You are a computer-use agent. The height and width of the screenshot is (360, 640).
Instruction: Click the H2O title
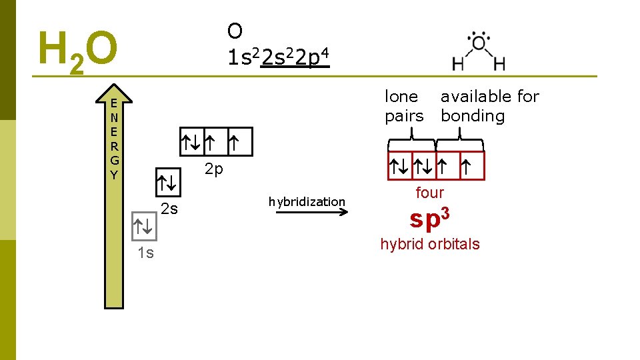pyautogui.click(x=78, y=51)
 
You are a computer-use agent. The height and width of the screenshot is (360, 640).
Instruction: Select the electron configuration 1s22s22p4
pyautogui.click(x=276, y=59)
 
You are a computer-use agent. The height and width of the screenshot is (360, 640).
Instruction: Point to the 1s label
pyautogui.click(x=145, y=252)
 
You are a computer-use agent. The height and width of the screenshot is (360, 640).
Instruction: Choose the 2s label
pyautogui.click(x=170, y=209)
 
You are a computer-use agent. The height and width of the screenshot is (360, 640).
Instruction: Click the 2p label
pyautogui.click(x=214, y=169)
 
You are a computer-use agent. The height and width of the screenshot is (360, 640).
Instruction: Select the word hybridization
pyautogui.click(x=307, y=201)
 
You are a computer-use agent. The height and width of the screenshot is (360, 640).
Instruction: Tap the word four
pyautogui.click(x=429, y=193)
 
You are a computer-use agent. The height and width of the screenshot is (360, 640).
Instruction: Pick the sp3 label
pyautogui.click(x=429, y=218)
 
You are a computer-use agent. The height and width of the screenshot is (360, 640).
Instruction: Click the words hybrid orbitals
pyautogui.click(x=429, y=244)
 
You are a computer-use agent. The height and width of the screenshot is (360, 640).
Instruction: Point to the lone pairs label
pyautogui.click(x=404, y=106)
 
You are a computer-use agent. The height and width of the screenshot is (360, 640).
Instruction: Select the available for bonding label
pyautogui.click(x=490, y=106)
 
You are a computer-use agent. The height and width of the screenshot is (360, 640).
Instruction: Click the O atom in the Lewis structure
pyautogui.click(x=479, y=44)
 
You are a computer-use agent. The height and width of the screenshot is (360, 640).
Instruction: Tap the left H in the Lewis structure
pyautogui.click(x=459, y=64)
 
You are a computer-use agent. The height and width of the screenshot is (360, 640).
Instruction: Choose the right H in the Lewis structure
pyautogui.click(x=499, y=64)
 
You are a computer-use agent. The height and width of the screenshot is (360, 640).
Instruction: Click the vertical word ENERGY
pyautogui.click(x=115, y=139)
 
